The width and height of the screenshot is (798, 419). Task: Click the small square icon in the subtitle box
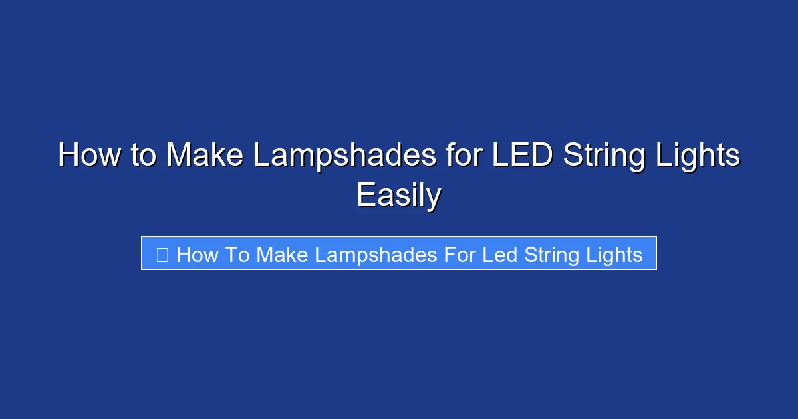click(x=162, y=255)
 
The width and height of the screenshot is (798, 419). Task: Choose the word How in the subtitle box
click(x=198, y=255)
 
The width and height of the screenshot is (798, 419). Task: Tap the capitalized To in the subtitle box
click(x=237, y=255)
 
